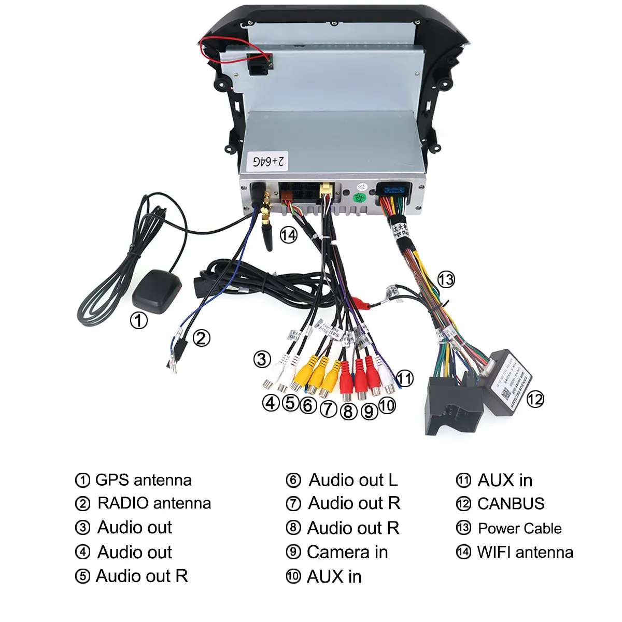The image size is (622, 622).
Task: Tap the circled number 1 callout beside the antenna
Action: point(138,320)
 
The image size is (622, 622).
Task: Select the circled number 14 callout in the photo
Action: point(289,235)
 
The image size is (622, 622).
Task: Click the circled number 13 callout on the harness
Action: point(446,280)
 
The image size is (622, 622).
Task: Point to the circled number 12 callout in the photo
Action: point(535,399)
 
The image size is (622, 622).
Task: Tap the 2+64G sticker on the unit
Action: point(268,161)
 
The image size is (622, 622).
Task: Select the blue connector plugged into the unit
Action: point(392,191)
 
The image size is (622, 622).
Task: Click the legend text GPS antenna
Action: point(143,480)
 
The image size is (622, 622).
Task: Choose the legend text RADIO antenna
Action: point(154,503)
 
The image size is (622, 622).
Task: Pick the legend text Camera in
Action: point(347,553)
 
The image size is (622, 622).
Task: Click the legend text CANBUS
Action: point(511,504)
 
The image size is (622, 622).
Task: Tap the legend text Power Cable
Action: point(519,528)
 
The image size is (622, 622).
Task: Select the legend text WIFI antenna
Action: point(525,553)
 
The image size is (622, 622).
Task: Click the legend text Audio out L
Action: point(353,480)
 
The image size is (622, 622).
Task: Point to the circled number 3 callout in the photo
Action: point(262,359)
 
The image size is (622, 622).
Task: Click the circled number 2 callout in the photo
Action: point(202,338)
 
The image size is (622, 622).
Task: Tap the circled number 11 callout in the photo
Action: point(405,378)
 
